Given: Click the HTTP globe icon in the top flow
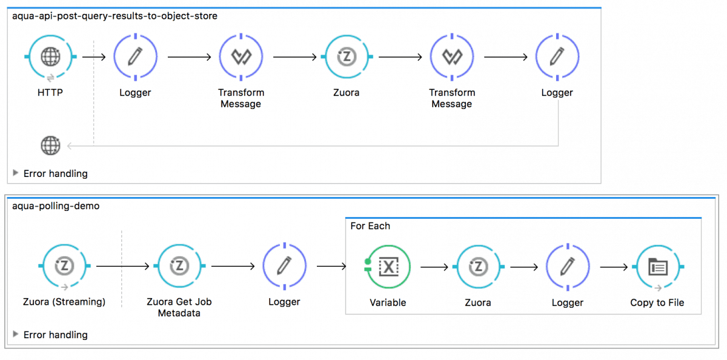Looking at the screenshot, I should [51, 57].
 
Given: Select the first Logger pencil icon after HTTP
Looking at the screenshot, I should [135, 57].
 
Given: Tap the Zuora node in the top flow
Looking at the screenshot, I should [347, 57].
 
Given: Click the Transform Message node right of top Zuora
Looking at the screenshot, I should [452, 57].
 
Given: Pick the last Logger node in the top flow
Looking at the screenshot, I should [557, 57].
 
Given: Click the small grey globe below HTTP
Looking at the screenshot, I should [50, 145].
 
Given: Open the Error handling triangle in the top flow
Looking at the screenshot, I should [16, 173].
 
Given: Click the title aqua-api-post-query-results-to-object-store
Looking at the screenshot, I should [115, 16].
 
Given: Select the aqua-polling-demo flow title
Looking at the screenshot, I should [56, 206].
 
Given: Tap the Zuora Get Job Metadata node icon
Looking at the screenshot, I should [180, 266].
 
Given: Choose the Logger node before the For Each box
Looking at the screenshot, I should [284, 266].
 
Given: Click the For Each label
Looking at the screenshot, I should [370, 226].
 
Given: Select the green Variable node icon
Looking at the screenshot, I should [388, 267].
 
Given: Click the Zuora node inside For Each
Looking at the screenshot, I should [478, 267].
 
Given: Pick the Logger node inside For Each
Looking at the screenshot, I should [568, 267].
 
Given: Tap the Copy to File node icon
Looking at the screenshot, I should [657, 267].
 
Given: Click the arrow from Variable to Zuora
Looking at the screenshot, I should [434, 267].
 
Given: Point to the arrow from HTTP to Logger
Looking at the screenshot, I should [94, 57].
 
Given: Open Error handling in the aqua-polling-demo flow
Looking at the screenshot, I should [16, 335].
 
